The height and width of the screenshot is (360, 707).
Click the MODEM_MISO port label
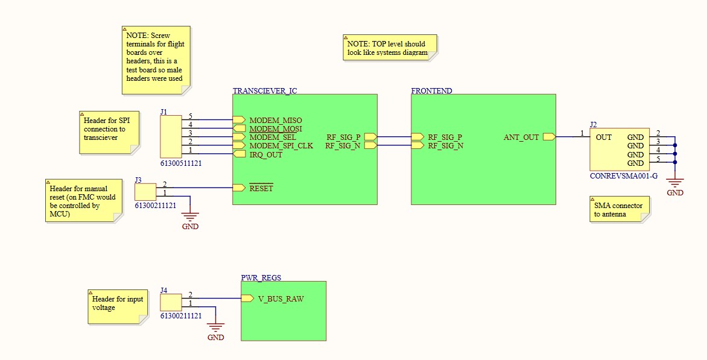[x=275, y=120]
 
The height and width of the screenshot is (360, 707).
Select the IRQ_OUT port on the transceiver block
[x=265, y=154]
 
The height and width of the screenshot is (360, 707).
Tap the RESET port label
[x=261, y=188]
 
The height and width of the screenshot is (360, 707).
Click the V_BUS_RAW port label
[x=281, y=298]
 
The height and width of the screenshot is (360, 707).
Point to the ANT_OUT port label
[x=521, y=137]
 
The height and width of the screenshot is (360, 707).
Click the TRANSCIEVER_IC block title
[x=265, y=91]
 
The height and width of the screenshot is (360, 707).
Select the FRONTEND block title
[x=431, y=91]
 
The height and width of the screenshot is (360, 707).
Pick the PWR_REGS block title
[x=261, y=278]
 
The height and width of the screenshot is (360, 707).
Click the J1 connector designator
[x=164, y=112]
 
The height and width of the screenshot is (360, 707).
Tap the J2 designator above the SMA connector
[x=594, y=125]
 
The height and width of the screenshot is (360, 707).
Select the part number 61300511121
[x=181, y=163]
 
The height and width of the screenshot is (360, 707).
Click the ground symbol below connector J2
[x=674, y=183]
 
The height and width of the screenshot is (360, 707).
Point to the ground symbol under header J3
[x=190, y=216]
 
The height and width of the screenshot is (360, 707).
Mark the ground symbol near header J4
[x=215, y=327]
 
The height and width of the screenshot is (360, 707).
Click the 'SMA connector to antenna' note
[x=620, y=209]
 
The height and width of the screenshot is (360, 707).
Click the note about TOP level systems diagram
[x=389, y=48]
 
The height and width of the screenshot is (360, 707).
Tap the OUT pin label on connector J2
[x=603, y=137]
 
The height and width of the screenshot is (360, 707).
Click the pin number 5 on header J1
[x=190, y=116]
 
